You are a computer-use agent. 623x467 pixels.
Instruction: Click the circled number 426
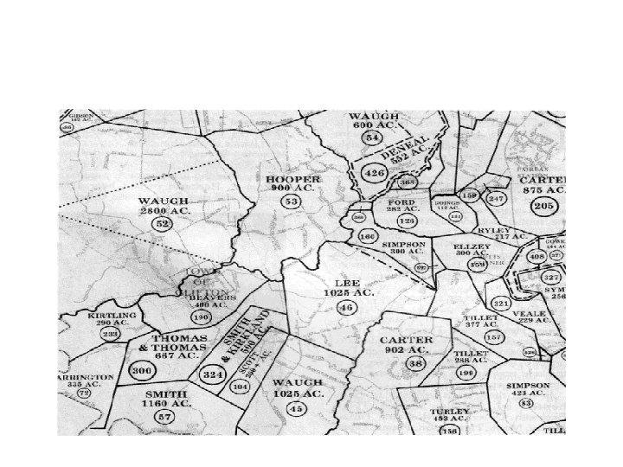(375, 173)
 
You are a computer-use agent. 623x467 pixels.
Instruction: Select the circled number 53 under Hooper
(292, 202)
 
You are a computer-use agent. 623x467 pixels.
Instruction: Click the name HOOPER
(292, 179)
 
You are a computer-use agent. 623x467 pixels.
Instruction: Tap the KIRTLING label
(113, 316)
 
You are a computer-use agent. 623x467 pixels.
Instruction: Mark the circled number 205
(543, 206)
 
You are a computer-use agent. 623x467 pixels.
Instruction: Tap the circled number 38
(415, 363)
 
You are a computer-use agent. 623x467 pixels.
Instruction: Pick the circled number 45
(297, 408)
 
